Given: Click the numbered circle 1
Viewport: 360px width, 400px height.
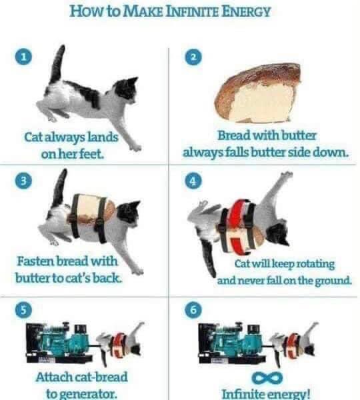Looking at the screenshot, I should pyautogui.click(x=25, y=59).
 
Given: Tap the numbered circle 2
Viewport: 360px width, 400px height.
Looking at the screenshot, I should pyautogui.click(x=194, y=59).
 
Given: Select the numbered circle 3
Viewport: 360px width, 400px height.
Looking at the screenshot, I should pyautogui.click(x=25, y=181).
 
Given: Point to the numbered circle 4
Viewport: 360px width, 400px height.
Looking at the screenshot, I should pyautogui.click(x=194, y=181).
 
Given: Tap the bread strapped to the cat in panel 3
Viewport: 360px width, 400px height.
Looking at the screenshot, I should pyautogui.click(x=89, y=210).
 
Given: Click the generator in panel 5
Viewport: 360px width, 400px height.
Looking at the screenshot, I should pyautogui.click(x=59, y=343).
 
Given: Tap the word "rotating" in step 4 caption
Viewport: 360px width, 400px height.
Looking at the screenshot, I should pyautogui.click(x=313, y=264).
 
